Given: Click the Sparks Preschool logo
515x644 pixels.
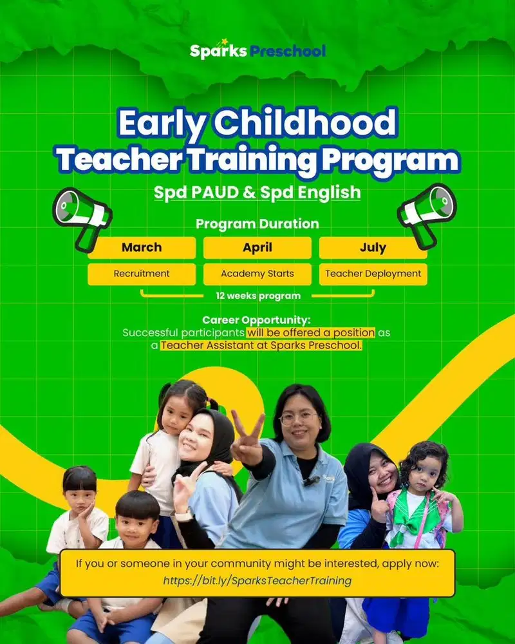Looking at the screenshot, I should (257, 50).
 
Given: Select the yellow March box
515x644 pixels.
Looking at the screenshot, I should (142, 247).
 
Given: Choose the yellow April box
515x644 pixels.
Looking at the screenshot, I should (257, 247).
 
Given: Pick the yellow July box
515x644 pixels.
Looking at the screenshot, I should (373, 247).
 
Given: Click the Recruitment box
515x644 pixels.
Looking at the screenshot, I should (142, 274).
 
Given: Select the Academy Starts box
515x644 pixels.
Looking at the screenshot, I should (257, 274).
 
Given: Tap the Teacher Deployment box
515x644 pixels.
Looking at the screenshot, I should (373, 274).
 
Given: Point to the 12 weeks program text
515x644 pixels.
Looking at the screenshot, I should (257, 296).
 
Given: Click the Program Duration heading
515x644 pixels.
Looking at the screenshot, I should (257, 224).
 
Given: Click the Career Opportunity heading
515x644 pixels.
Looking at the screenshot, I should (256, 320).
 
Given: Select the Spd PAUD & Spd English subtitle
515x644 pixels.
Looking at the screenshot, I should (257, 192).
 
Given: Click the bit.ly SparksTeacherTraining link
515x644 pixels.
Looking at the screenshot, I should (257, 581).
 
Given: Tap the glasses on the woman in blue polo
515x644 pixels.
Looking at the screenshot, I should (299, 417).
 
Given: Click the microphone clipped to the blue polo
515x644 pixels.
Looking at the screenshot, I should (312, 480).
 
